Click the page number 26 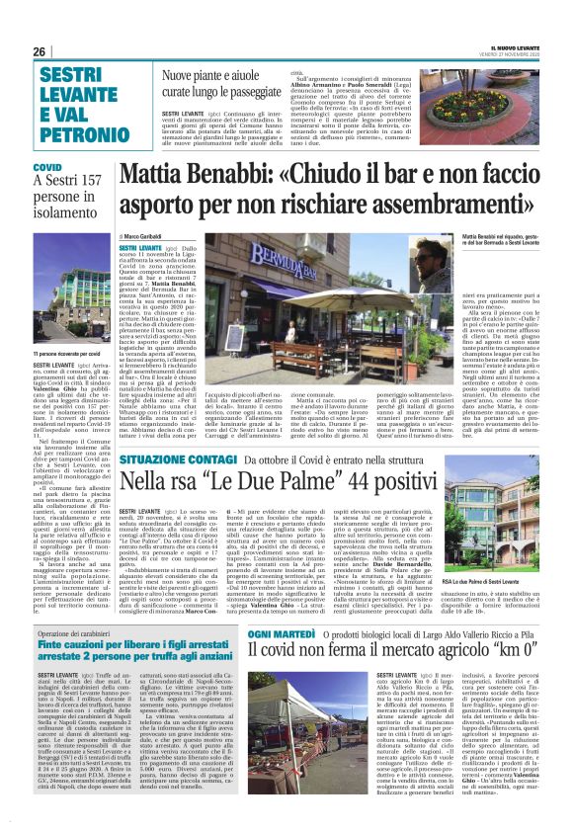[x=41, y=51]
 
